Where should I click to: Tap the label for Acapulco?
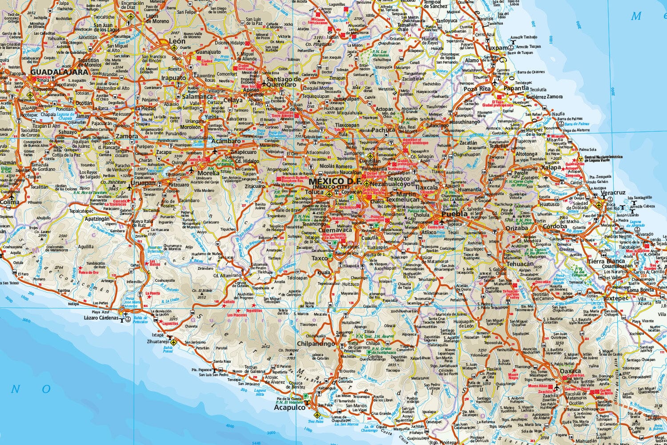point(289,407)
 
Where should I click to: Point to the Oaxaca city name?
point(570,371)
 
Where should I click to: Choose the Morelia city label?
point(209,173)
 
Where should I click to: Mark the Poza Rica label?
point(476,89)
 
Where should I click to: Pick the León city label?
point(177,41)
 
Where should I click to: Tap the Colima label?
point(9,202)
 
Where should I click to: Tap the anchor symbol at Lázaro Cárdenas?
point(127,318)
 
